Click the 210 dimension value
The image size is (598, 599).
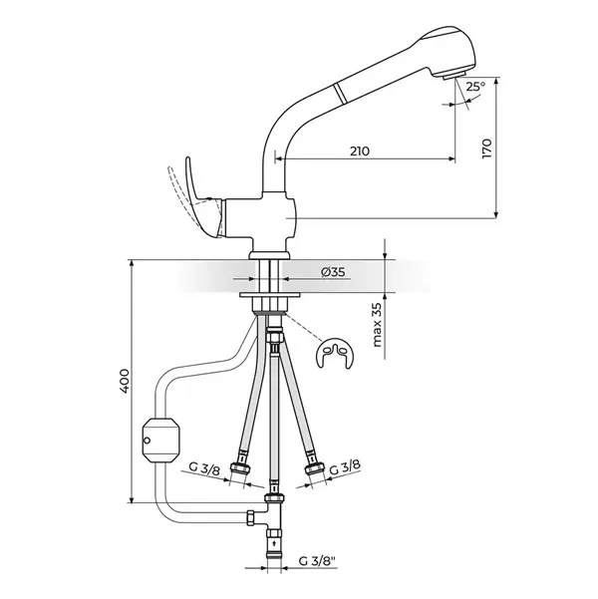click(360, 151)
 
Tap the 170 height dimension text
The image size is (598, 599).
click(486, 149)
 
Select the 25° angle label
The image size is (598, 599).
click(475, 87)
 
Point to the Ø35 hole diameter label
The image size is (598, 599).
click(333, 272)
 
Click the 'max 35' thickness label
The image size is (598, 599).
click(377, 325)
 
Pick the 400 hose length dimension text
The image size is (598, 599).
click(125, 381)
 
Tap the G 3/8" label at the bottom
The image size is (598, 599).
click(317, 561)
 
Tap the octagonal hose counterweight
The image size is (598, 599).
click(160, 440)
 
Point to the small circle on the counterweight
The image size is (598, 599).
click(147, 442)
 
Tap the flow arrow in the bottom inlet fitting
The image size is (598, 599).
click(274, 542)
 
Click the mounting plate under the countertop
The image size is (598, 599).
click(270, 295)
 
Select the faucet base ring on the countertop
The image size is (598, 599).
click(269, 255)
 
